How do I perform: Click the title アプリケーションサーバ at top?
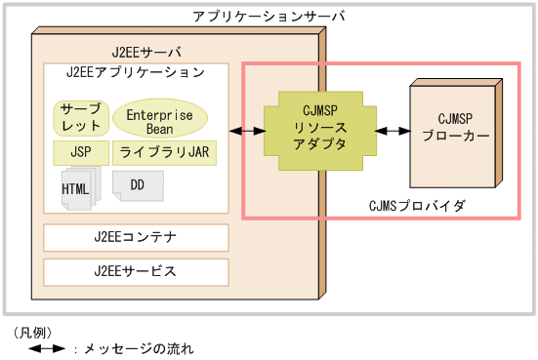pos(269,18)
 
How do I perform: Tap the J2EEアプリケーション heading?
pos(135,72)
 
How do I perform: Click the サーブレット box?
pos(79,117)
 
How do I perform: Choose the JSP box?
pos(79,152)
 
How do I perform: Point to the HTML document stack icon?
pos(79,187)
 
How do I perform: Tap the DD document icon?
pos(137,183)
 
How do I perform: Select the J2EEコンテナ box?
pos(136,237)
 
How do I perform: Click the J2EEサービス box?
pos(136,270)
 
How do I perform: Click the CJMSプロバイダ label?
pos(417,206)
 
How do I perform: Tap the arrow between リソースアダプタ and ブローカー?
pos(391,130)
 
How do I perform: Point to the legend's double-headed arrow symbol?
pos(46,347)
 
